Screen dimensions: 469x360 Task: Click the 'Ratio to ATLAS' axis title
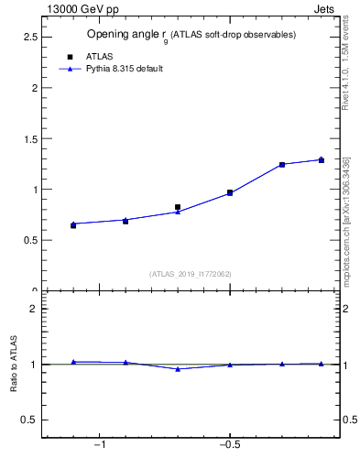coord(14,365)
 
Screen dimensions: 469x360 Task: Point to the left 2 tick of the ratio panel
coord(34,309)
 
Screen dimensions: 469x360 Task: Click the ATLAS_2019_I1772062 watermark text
coord(191,274)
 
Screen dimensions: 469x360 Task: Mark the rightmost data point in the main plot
coord(321,160)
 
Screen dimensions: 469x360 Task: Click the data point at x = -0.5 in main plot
coord(230,193)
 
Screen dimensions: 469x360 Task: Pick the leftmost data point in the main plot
coord(73,224)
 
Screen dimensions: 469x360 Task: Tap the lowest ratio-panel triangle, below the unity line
coord(178,369)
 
